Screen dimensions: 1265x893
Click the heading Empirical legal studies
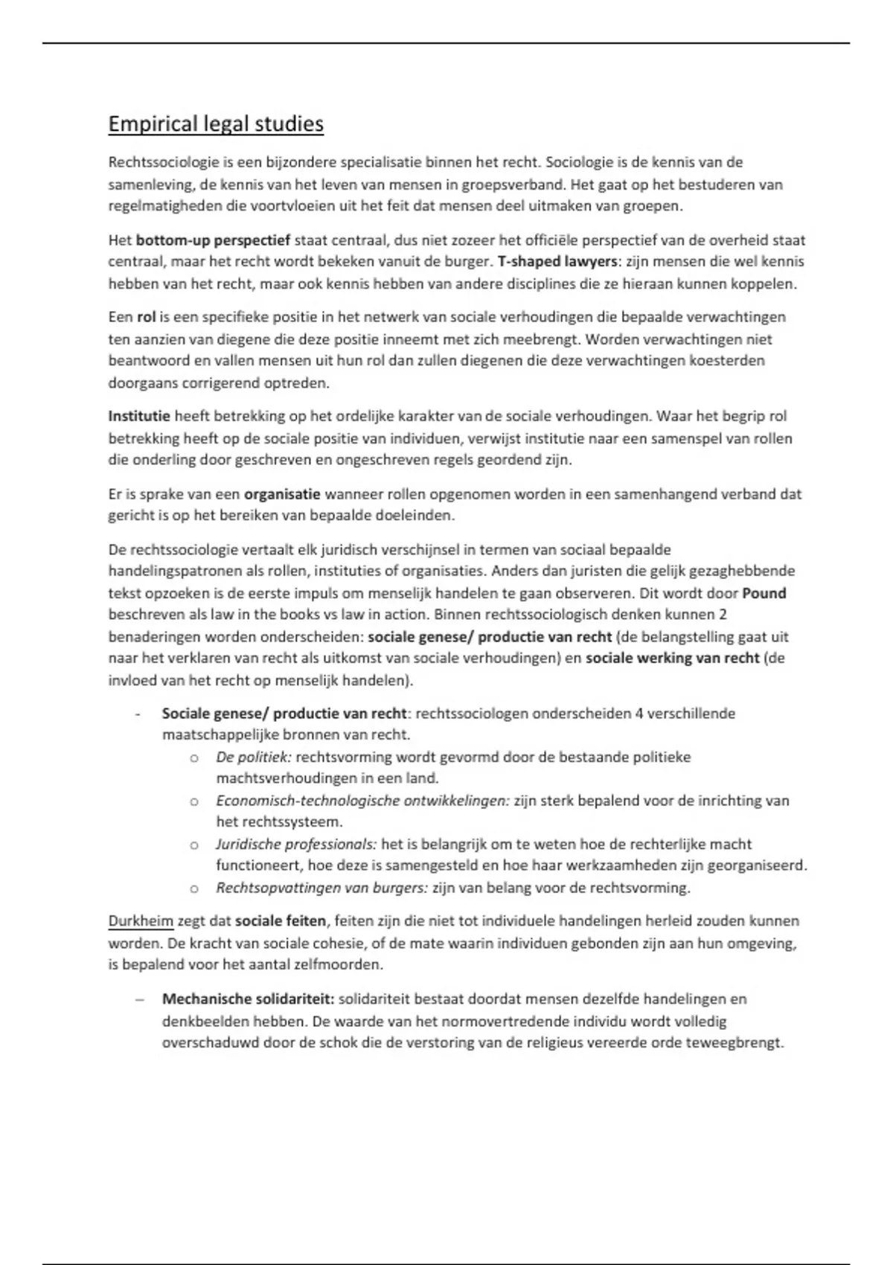tap(216, 124)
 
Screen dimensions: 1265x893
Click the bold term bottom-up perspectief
tap(214, 240)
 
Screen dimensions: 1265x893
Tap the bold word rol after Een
tap(146, 317)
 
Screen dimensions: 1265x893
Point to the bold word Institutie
tap(139, 416)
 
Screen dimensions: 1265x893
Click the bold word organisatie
tap(282, 494)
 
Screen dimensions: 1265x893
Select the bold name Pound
tap(764, 593)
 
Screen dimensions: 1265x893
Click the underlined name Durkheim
tap(141, 921)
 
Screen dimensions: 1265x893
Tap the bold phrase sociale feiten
tap(281, 921)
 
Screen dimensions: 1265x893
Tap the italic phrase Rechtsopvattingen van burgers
tap(322, 888)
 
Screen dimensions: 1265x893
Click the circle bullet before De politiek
tap(194, 758)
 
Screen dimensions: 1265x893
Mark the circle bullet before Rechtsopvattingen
tap(194, 888)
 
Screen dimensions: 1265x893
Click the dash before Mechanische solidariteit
tap(139, 999)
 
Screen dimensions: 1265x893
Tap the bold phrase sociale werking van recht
tap(673, 659)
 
